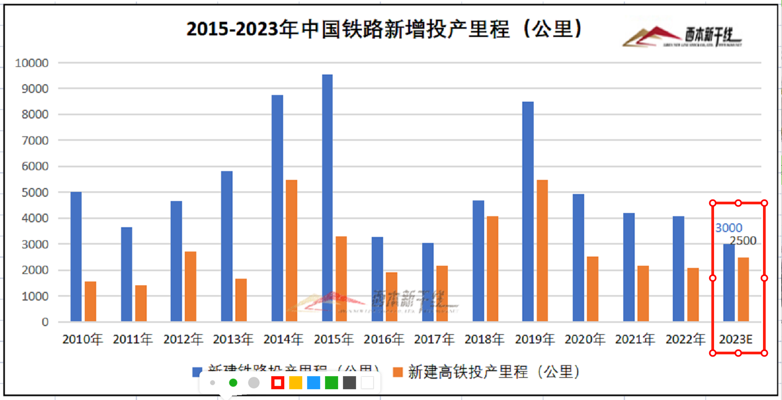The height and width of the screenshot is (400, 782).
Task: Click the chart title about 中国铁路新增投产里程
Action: [384, 29]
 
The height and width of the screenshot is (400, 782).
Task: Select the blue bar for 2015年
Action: [327, 198]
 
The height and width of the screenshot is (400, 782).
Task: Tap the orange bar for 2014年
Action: [291, 251]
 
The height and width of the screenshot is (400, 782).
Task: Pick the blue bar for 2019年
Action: [528, 211]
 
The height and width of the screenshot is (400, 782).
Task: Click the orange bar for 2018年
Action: [492, 269]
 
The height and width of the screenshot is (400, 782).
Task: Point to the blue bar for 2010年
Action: [76, 256]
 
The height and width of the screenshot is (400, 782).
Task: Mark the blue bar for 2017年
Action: [428, 282]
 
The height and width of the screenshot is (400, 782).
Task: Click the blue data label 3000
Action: [728, 228]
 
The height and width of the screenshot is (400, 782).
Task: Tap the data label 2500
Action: [743, 241]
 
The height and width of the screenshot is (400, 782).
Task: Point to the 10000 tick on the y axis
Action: [32, 63]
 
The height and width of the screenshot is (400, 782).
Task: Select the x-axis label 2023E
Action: [735, 340]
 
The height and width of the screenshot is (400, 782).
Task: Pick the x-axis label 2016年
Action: [384, 340]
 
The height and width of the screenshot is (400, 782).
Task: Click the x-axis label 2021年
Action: [635, 340]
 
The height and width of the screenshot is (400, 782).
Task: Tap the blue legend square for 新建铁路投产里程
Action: [197, 372]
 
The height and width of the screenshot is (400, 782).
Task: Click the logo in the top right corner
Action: [683, 37]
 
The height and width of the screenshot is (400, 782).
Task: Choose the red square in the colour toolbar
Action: [278, 383]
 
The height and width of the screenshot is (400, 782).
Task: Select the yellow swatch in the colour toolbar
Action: [295, 383]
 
